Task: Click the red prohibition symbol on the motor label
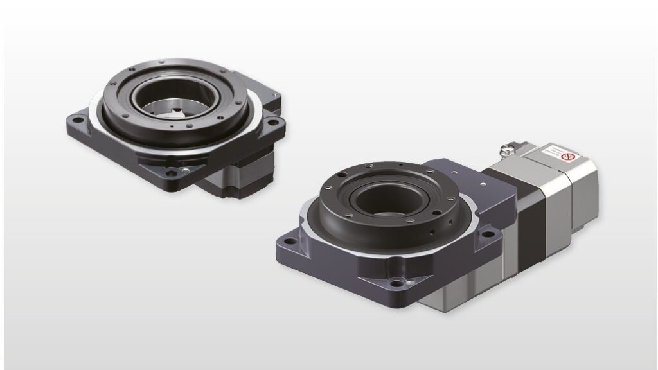tap(567, 156)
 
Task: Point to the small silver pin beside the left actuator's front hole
tap(186, 170)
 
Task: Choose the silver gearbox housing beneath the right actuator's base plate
tap(463, 289)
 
